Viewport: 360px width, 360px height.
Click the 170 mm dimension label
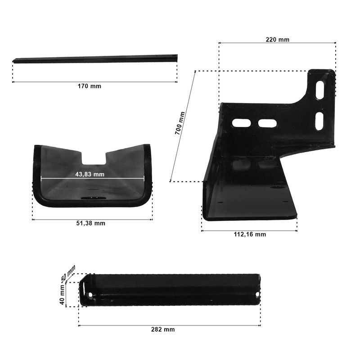tap(89, 86)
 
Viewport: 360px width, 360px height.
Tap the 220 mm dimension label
tap(277, 40)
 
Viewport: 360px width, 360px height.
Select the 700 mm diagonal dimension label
tap(180, 123)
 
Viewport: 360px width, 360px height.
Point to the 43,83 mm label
tap(90, 174)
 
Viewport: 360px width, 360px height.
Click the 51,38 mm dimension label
tap(91, 223)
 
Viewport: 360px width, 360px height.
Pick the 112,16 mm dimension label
tap(250, 234)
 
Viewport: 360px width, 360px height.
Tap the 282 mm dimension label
tap(163, 329)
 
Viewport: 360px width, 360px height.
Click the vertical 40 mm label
tap(62, 295)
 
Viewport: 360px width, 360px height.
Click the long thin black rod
tap(95, 59)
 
